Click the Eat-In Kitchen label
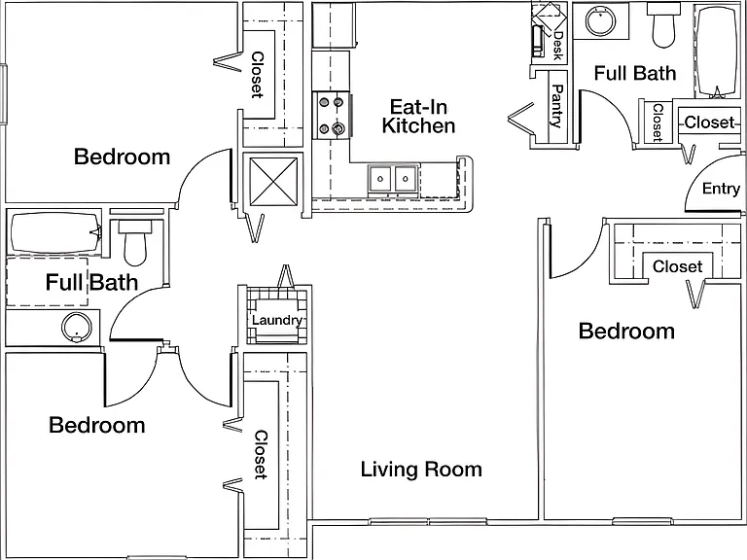(418, 117)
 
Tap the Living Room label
(421, 469)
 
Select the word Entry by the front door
(721, 189)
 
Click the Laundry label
(277, 320)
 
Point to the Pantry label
(557, 106)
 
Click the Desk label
(558, 46)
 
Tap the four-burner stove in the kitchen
(332, 116)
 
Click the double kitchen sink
(393, 179)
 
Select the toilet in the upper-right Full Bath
(663, 25)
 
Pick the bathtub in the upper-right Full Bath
(717, 51)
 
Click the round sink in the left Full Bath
(76, 327)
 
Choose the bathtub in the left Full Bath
(55, 233)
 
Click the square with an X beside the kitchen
(273, 182)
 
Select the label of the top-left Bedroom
(122, 157)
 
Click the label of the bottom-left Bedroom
(97, 425)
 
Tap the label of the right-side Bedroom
(626, 331)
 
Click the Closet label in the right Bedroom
(677, 266)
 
